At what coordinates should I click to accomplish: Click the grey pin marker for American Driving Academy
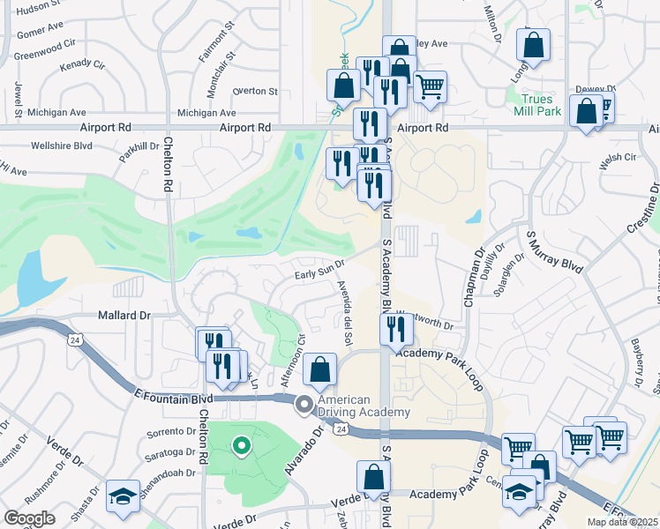point(304,406)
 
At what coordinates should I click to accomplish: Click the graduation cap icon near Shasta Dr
point(121,495)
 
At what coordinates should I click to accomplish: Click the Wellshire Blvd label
point(62,145)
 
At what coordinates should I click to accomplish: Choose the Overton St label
point(255,91)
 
